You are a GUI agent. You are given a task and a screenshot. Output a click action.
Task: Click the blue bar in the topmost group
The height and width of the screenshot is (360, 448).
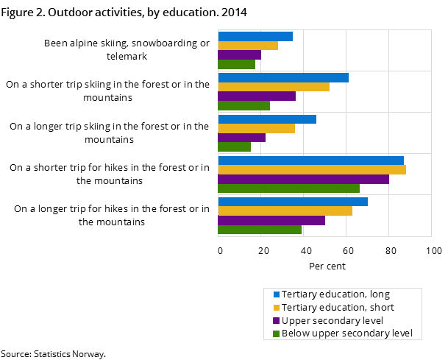(x=255, y=36)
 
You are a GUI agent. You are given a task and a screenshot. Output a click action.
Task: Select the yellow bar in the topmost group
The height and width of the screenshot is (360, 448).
(x=248, y=46)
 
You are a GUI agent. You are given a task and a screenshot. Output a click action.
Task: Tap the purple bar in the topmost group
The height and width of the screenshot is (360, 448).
(x=240, y=54)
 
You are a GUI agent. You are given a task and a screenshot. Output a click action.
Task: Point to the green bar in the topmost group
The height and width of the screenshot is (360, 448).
(x=237, y=64)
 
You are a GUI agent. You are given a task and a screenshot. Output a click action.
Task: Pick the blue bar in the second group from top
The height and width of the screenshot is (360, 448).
(x=283, y=77)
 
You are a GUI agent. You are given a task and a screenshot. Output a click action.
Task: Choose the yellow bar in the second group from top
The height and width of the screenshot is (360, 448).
(x=274, y=87)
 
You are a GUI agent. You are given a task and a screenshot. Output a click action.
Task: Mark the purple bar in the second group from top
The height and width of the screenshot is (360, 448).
(x=257, y=96)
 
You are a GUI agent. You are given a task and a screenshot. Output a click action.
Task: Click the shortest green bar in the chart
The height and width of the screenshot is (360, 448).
(x=235, y=147)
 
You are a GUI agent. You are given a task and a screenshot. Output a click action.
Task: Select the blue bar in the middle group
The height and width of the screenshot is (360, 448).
(x=267, y=119)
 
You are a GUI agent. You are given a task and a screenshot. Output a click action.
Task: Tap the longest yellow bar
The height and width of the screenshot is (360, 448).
(x=312, y=169)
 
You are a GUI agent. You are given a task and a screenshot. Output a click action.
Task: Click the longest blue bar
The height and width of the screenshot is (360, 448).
(x=311, y=160)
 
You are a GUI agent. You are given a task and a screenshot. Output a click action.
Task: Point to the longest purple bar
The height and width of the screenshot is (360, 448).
(x=304, y=179)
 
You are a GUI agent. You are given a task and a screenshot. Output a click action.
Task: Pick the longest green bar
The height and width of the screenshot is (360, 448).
(x=289, y=188)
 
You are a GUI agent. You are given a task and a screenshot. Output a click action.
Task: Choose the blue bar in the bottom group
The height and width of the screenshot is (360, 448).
(x=293, y=202)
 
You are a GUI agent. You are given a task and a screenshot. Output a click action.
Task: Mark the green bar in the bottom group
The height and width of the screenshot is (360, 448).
(x=260, y=230)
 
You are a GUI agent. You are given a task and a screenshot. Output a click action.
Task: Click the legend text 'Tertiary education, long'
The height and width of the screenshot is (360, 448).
(x=335, y=294)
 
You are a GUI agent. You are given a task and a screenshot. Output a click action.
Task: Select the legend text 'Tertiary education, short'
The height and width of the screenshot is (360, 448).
(x=338, y=308)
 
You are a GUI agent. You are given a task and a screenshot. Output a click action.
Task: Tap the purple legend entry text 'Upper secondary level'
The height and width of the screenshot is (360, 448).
(x=333, y=321)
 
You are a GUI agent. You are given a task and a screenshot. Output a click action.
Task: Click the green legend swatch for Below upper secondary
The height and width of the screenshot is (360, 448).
(x=277, y=334)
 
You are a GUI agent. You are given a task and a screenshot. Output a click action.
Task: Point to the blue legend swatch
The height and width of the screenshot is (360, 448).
(x=277, y=294)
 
